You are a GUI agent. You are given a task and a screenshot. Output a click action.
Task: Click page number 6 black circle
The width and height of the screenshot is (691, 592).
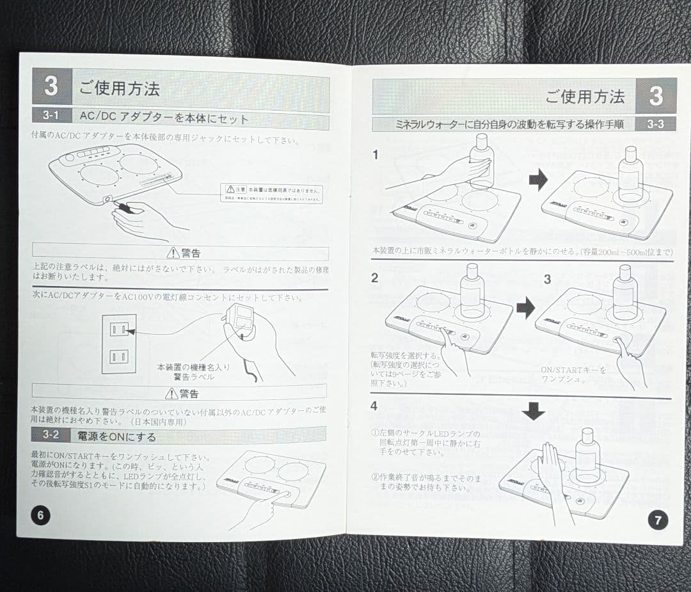coord(40,515)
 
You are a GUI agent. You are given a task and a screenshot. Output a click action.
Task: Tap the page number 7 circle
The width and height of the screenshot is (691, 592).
coord(658,520)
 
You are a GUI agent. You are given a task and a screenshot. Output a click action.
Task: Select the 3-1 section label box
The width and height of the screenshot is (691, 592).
coord(52,118)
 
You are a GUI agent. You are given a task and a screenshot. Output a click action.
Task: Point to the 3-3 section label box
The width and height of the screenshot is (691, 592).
coord(655,124)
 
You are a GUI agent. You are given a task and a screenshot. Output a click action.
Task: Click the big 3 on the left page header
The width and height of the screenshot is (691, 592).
coord(51,87)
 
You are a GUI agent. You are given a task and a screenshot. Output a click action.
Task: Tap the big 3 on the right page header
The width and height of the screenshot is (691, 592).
coord(656,96)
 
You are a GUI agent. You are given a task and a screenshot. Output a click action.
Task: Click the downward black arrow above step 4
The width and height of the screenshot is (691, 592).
coord(533,412)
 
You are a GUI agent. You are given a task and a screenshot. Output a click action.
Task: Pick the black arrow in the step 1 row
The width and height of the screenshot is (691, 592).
coord(538,181)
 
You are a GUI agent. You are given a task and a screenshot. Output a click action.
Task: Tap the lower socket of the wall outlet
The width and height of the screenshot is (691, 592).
coord(118,356)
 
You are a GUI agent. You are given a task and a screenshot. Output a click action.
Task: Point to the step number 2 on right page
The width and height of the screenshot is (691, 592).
coord(375,278)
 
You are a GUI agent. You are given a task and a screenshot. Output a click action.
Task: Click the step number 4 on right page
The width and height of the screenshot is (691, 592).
coord(374,406)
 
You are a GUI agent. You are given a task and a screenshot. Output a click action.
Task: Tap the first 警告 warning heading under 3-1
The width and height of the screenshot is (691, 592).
coord(183,253)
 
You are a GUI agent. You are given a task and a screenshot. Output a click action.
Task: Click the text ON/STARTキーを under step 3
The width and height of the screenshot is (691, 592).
coord(573,370)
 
